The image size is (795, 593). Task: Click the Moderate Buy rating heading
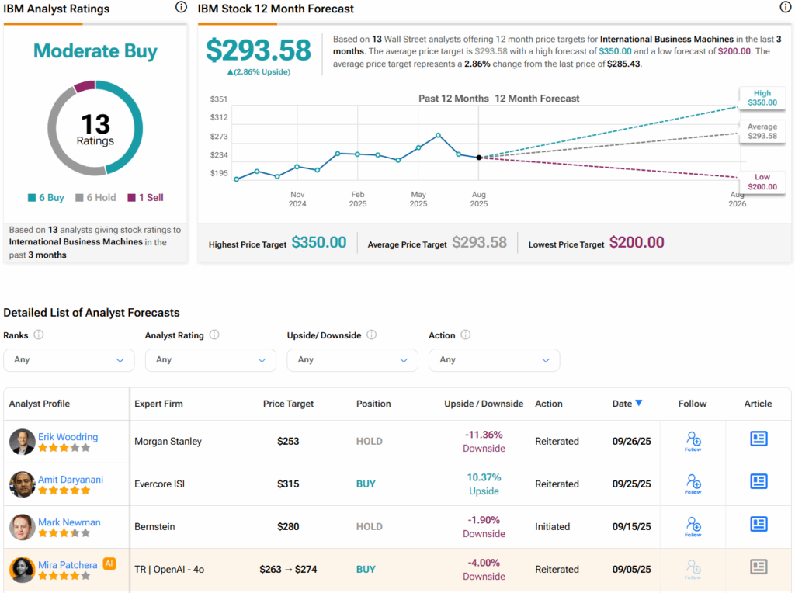95,51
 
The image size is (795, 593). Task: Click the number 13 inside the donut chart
95,124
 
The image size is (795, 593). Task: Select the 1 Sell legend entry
146,198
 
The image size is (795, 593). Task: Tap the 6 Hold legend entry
95,198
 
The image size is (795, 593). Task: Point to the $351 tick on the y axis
218,99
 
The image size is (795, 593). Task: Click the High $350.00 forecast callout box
762,97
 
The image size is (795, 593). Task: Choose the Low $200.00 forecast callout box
762,182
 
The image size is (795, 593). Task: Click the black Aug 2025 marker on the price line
479,158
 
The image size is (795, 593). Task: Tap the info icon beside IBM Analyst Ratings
181,8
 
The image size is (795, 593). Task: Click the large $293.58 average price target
259,50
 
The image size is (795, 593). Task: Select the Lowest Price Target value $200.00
637,243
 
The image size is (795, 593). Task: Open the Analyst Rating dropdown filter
210,360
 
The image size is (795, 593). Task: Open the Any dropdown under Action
494,360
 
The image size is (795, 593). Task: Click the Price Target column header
288,404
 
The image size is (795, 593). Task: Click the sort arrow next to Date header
639,403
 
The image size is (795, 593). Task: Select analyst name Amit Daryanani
71,480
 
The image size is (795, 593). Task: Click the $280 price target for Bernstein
288,527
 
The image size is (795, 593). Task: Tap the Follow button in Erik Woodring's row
693,441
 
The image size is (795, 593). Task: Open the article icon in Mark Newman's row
759,524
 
